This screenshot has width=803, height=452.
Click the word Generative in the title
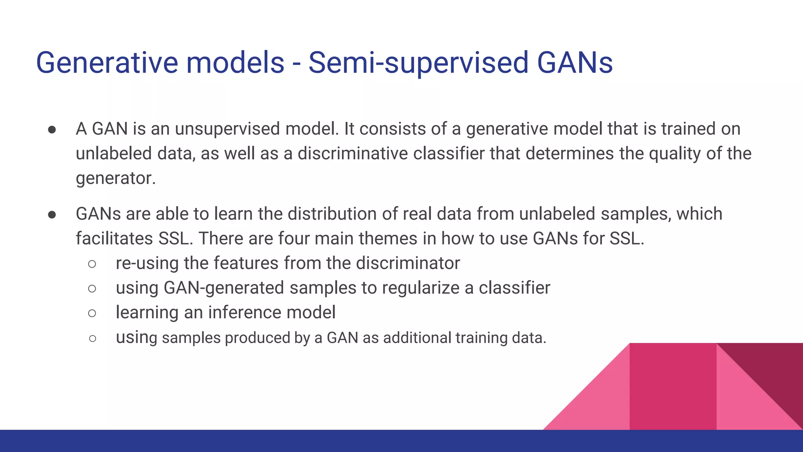click(107, 63)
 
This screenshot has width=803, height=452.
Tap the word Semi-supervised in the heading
click(418, 63)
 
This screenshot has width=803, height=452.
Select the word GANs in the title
click(574, 63)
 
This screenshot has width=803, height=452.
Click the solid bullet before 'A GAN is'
click(52, 129)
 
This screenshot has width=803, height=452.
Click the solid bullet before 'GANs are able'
click(52, 215)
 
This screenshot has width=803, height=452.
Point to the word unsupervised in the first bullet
click(227, 129)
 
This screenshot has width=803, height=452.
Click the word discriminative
click(352, 153)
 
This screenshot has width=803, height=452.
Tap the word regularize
click(420, 288)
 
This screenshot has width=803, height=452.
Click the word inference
click(245, 313)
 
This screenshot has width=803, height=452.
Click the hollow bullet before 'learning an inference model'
click(92, 313)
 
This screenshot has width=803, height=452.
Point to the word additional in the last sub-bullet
click(417, 338)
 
